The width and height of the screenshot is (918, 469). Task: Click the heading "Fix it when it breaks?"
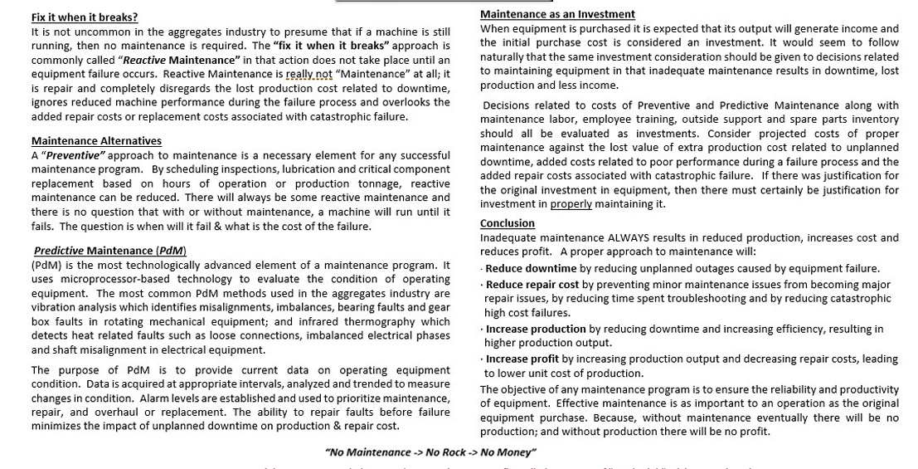point(85,17)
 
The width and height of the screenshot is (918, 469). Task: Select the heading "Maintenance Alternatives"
point(96,141)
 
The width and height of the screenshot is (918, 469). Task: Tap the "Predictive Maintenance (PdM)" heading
point(110,251)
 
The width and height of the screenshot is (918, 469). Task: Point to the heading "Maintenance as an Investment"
point(557,14)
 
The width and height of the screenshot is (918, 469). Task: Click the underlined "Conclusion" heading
point(508,223)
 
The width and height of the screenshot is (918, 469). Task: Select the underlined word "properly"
point(571,204)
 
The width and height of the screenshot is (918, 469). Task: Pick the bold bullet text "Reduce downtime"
point(531,268)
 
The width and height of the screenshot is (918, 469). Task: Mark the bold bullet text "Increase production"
point(536,329)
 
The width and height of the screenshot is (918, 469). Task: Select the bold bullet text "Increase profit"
point(522,359)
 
